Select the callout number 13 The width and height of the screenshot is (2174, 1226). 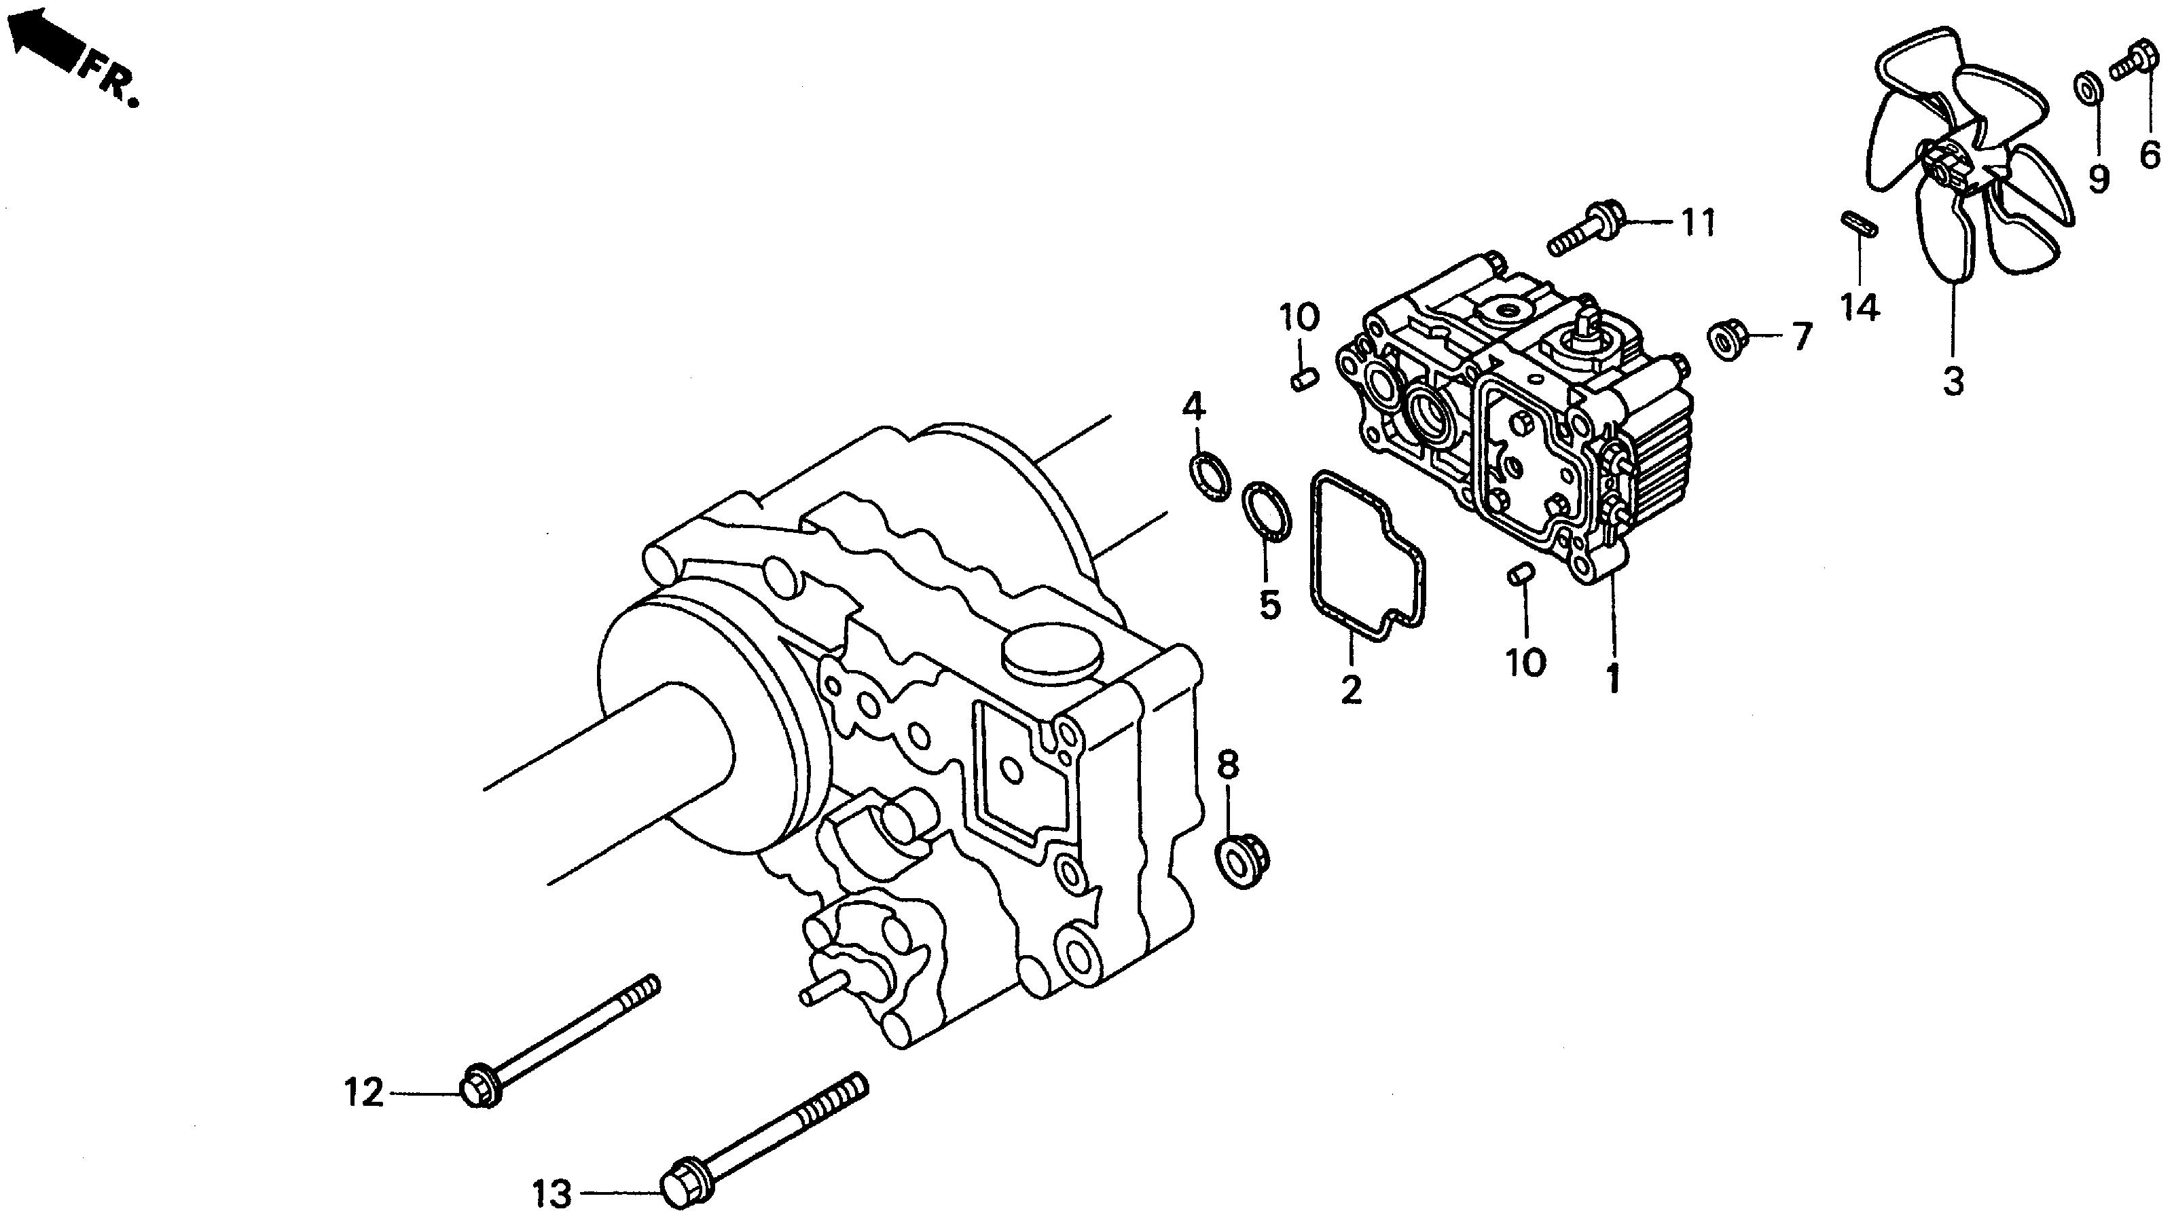point(553,1195)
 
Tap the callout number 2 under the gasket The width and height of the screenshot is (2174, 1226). point(1350,691)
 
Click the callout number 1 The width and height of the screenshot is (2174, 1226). point(1614,680)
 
